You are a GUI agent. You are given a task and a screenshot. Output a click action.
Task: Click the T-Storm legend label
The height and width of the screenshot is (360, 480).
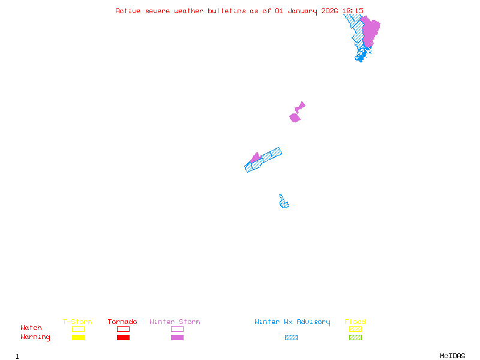click(x=77, y=322)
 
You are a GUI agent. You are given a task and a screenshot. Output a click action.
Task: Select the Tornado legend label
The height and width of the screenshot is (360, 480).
click(x=122, y=322)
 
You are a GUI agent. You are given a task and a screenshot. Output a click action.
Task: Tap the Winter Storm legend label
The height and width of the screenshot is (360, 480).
click(x=175, y=322)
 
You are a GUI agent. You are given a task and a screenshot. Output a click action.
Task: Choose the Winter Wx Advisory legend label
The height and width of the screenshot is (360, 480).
click(x=292, y=322)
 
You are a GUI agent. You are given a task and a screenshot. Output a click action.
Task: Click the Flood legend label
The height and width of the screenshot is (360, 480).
click(x=355, y=322)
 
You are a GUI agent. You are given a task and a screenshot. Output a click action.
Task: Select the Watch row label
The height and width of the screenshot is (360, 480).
click(x=31, y=328)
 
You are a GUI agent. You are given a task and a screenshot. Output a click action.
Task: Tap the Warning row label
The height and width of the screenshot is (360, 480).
click(x=35, y=337)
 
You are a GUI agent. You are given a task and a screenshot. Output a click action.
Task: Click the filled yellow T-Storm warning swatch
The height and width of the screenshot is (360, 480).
click(x=78, y=338)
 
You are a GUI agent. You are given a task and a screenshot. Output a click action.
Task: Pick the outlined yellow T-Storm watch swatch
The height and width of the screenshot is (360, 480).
click(x=78, y=329)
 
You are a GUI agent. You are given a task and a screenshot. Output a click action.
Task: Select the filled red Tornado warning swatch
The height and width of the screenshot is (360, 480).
click(x=123, y=338)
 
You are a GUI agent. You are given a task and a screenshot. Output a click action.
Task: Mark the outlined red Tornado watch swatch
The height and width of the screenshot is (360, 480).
click(x=123, y=329)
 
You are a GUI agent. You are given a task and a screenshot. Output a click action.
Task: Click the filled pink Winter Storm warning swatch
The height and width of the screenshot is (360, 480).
click(x=177, y=338)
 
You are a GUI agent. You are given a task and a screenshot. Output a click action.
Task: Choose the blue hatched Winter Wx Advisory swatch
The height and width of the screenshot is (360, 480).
click(x=291, y=338)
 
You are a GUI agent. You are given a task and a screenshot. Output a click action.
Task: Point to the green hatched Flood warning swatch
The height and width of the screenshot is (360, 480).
click(x=355, y=338)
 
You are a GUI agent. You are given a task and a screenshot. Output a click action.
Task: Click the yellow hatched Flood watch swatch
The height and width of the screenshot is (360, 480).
click(x=355, y=329)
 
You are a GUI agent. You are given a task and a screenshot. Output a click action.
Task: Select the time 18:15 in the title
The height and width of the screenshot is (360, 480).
click(x=353, y=11)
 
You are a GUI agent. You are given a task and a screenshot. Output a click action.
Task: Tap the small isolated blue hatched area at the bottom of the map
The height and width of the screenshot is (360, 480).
click(x=284, y=202)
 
